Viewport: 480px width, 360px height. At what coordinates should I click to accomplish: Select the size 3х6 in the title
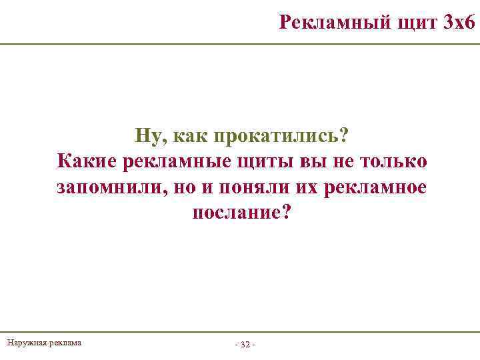459,23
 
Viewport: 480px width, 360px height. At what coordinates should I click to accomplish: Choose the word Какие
87,161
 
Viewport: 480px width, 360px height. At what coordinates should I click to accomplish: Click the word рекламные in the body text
176,161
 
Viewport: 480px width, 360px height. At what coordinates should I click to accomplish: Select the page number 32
245,345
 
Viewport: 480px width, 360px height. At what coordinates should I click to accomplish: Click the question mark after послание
287,213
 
